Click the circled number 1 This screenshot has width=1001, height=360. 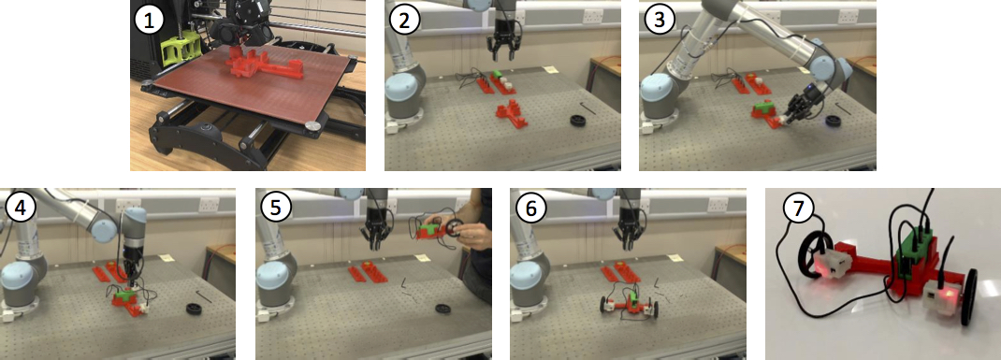(150, 21)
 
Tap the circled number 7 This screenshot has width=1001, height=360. (797, 211)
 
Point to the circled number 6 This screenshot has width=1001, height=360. (530, 209)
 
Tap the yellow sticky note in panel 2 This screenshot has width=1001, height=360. (547, 69)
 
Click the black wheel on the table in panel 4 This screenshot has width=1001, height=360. (194, 309)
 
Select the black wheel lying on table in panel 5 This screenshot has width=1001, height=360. (443, 309)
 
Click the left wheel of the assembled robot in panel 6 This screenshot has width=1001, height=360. (603, 304)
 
